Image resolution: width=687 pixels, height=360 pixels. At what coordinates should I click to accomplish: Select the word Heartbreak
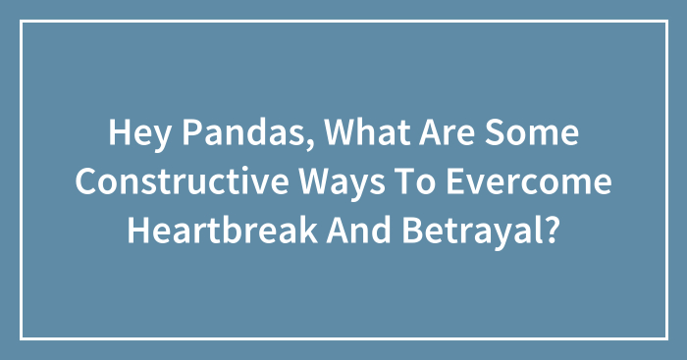[x=210, y=231]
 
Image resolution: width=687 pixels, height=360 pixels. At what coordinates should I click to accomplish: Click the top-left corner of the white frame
[x=22, y=22]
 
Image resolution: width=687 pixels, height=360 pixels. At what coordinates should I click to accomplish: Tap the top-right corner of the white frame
[x=665, y=22]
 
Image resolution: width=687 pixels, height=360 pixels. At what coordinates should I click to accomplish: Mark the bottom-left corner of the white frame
[x=22, y=338]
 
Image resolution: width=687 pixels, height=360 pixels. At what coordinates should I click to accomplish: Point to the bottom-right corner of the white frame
[x=665, y=338]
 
